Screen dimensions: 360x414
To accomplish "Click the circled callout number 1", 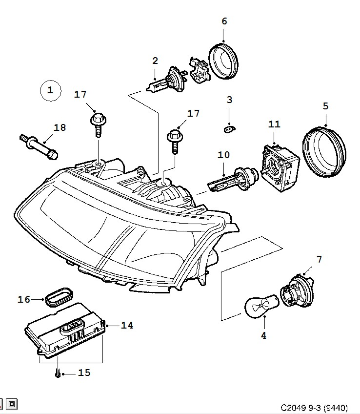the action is [50, 91].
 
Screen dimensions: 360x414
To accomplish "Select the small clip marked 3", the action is [229, 129].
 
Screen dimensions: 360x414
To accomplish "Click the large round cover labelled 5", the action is [324, 152].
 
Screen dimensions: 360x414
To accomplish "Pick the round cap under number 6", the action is [223, 61].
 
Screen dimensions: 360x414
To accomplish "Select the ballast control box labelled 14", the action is [66, 331].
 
